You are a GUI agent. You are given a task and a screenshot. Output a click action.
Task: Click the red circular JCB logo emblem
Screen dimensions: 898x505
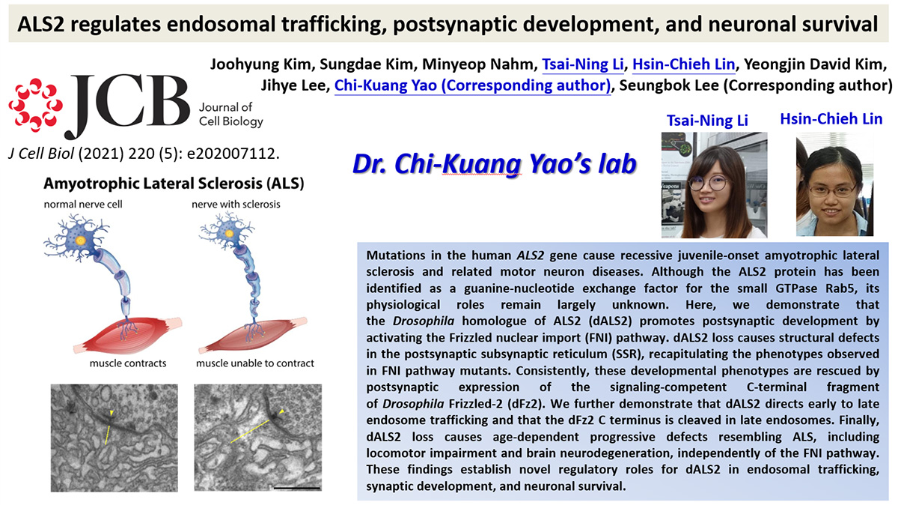(35, 105)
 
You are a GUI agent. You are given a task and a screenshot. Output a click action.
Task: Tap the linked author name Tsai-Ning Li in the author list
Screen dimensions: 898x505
(583, 64)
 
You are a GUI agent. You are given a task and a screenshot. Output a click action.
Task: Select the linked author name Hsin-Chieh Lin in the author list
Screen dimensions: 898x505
(683, 64)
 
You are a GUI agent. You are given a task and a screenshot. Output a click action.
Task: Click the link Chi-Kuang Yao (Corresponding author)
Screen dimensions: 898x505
(472, 85)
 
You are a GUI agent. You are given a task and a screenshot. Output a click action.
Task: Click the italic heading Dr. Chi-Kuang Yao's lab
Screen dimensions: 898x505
(495, 164)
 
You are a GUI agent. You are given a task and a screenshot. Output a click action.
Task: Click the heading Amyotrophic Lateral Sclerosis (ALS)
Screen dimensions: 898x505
(174, 184)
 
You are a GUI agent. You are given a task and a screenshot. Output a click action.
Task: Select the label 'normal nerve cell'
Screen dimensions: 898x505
(83, 205)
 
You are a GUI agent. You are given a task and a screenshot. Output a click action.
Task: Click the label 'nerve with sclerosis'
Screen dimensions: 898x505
(236, 205)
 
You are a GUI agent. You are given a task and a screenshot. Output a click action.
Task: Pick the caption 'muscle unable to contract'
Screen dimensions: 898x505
(255, 363)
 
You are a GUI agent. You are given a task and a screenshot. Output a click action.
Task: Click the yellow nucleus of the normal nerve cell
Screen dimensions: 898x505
(81, 241)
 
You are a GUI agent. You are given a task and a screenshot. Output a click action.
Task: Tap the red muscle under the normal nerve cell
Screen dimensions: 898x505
(127, 334)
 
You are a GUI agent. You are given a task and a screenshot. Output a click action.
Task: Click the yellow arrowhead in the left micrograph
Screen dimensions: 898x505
(112, 413)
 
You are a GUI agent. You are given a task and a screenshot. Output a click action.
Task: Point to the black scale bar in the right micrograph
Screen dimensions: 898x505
(297, 488)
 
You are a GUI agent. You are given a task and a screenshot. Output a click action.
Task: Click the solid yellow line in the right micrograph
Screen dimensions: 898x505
(250, 432)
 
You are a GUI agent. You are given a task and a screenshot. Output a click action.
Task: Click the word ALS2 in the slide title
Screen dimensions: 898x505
(41, 25)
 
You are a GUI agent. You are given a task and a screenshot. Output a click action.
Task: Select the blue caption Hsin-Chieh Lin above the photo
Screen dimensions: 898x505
(831, 119)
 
